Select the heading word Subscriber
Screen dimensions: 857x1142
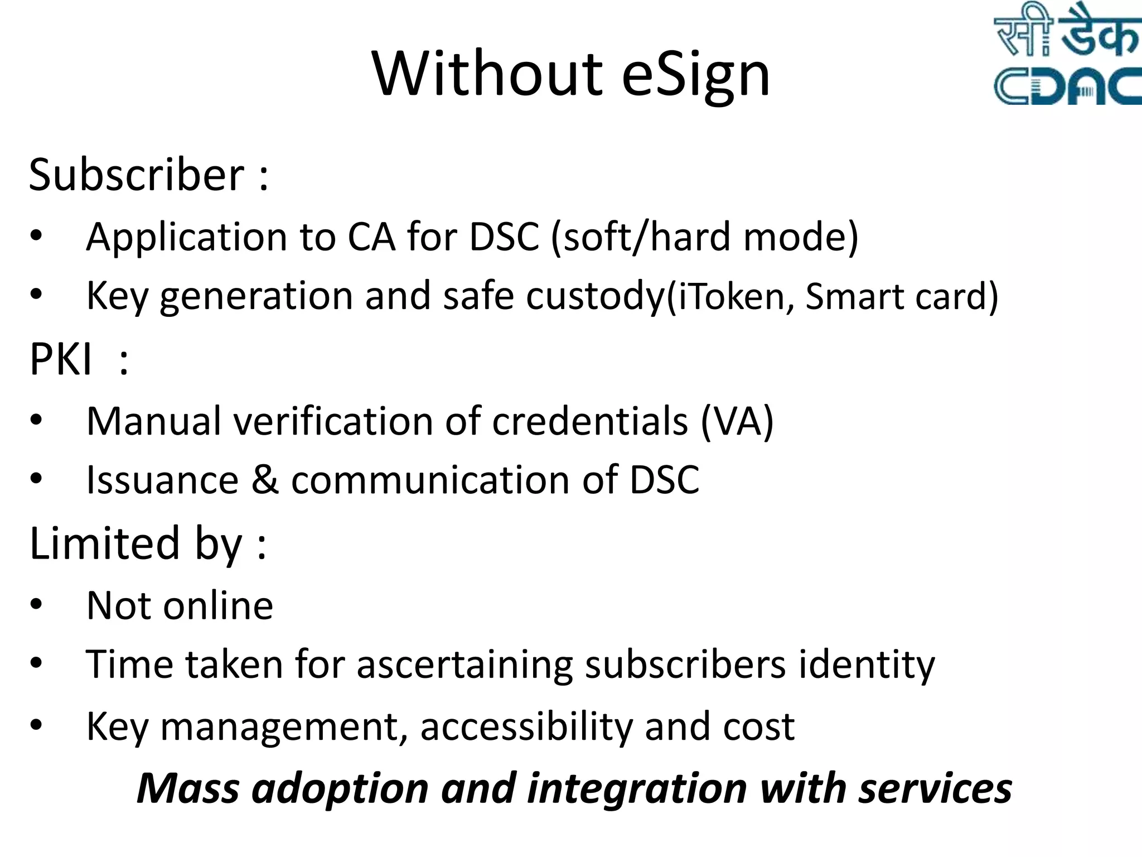click(137, 175)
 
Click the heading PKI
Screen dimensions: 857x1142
click(60, 359)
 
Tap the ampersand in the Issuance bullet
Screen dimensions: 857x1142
click(265, 480)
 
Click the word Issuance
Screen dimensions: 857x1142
click(162, 480)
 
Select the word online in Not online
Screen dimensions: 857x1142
click(219, 606)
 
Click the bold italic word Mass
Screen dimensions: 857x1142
click(188, 789)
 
